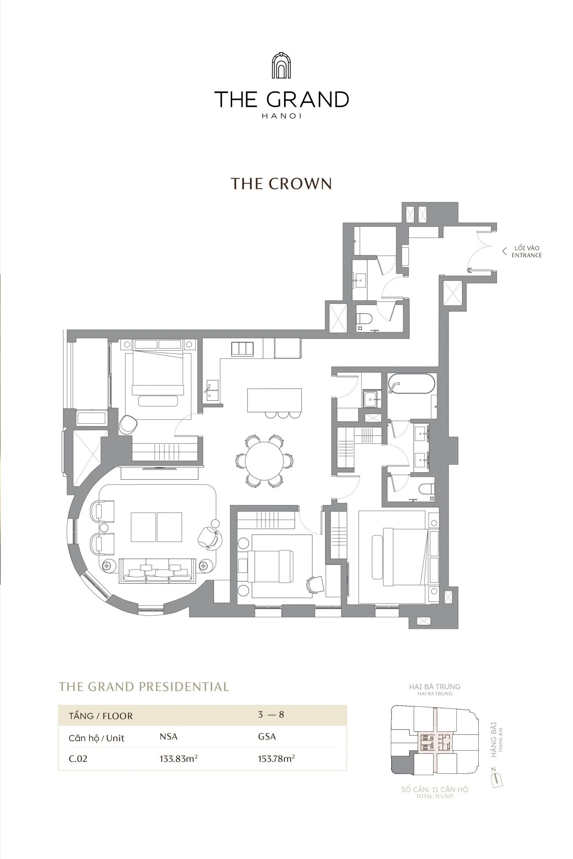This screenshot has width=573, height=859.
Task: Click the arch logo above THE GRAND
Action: [x=281, y=65]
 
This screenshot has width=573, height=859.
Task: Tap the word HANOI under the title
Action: [x=281, y=116]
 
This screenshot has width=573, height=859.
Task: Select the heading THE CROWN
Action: [x=281, y=184]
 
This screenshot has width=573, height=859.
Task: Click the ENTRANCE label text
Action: [x=526, y=255]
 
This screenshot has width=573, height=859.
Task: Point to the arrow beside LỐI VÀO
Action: [x=504, y=251]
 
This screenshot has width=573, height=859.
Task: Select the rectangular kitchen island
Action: [x=274, y=400]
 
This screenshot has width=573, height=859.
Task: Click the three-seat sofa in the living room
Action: [x=157, y=571]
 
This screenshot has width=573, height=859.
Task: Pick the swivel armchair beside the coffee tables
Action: [x=208, y=537]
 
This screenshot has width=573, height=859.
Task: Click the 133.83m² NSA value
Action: [x=178, y=758]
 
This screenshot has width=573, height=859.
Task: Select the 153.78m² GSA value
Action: [x=276, y=758]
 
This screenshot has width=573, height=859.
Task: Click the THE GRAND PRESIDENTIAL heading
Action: [x=144, y=687]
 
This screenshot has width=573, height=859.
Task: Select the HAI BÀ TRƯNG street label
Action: [x=434, y=687]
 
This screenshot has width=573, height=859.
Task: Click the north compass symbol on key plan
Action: [x=497, y=780]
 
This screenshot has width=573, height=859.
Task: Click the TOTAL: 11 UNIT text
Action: [x=434, y=796]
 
